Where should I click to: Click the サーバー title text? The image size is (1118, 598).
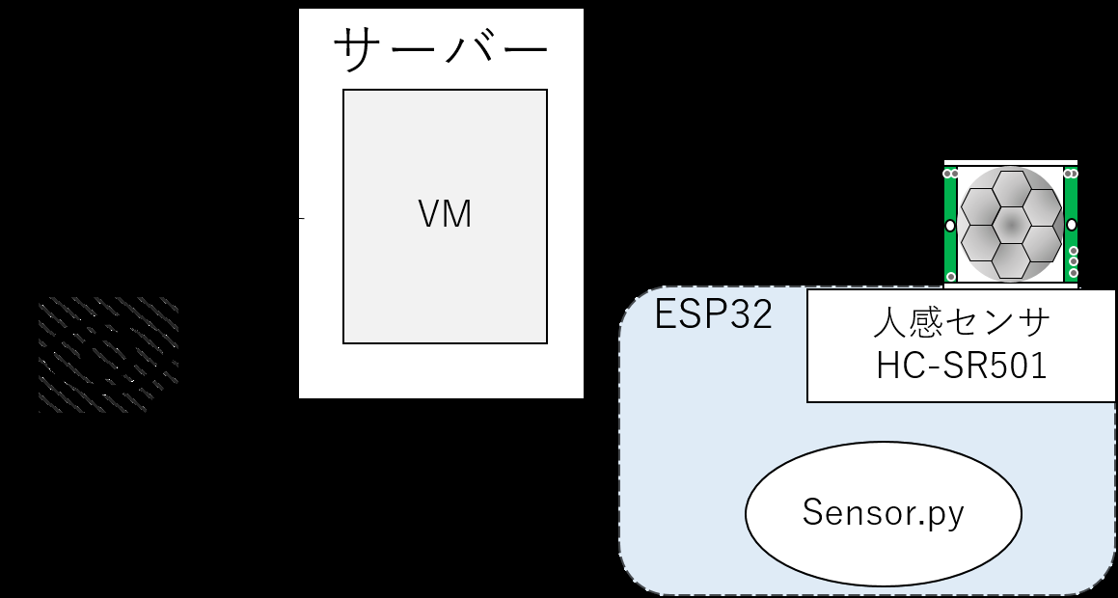click(x=441, y=49)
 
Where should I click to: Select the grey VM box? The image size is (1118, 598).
click(x=445, y=216)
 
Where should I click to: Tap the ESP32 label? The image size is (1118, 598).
click(x=713, y=314)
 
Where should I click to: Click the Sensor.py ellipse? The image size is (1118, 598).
click(x=884, y=513)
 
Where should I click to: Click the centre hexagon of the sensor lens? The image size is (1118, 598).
click(x=1011, y=225)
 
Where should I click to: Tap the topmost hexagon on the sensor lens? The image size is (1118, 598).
click(x=1011, y=188)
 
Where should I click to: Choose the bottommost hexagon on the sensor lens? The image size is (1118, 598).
click(x=1011, y=260)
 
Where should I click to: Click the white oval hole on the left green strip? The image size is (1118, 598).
click(x=950, y=226)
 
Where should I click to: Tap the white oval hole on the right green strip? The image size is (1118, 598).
click(x=1071, y=226)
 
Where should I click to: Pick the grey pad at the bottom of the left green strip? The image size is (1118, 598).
click(x=950, y=277)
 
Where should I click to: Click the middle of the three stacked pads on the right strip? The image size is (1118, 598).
click(x=1073, y=261)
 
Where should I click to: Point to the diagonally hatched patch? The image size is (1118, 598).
click(x=108, y=355)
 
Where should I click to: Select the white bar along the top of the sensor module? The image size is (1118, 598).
click(x=1011, y=163)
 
